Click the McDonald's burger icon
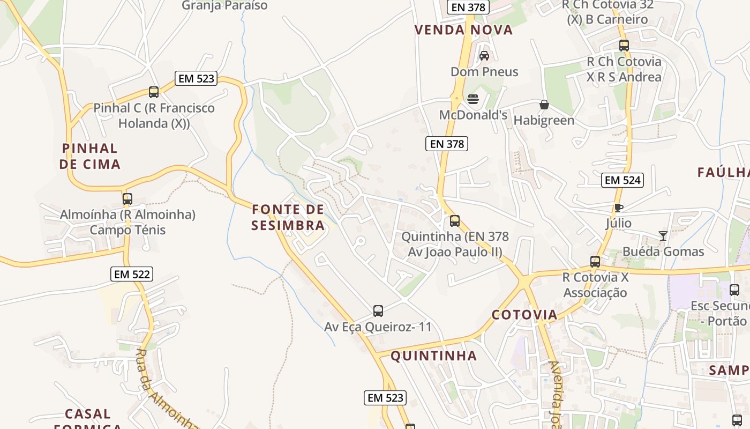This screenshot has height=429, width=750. [473, 99]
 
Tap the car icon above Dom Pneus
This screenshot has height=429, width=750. [484, 56]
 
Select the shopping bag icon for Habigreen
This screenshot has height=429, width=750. [544, 105]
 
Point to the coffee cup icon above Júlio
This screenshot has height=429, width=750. [619, 208]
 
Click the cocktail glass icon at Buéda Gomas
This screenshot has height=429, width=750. [663, 236]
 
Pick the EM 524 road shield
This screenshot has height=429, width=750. [622, 180]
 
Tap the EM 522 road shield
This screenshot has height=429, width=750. [132, 275]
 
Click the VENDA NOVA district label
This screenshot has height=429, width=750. [464, 30]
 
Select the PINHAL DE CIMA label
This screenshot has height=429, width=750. [90, 156]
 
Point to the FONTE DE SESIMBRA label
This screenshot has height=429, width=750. [288, 217]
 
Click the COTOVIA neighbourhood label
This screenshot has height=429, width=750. [524, 315]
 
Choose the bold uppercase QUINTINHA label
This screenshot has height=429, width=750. [433, 356]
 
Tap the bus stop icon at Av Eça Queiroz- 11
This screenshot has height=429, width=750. [378, 311]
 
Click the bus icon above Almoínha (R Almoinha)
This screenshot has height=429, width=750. [127, 199]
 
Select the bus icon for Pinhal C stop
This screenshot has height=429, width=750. [154, 92]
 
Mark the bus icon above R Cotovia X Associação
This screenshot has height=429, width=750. [595, 262]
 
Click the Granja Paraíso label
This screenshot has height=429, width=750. [224, 5]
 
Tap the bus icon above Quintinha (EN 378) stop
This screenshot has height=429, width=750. [455, 221]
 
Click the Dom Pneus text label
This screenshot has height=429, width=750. [484, 72]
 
